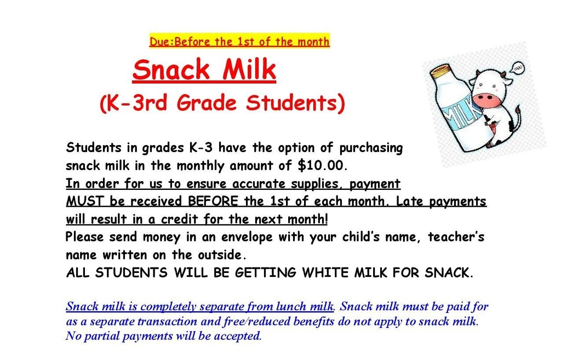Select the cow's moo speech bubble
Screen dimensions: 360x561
[517, 68]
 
